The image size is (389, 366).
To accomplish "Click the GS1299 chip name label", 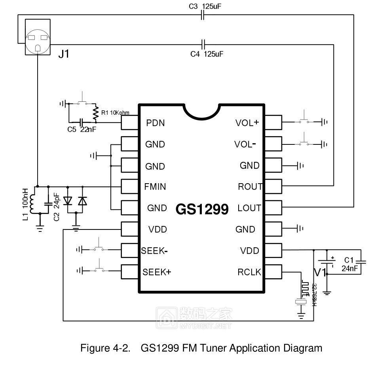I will pos(202,209).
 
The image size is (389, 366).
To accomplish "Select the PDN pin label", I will pos(155,123).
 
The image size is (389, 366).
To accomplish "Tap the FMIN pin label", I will pos(155,187).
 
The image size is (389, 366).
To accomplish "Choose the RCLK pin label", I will pos(249,272).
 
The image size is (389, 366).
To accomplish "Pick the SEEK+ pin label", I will pos(157,272).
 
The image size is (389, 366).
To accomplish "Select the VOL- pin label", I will pos(247,144).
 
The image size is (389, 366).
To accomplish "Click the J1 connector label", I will pos(63,54).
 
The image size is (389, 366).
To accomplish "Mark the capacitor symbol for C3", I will pos(203,15).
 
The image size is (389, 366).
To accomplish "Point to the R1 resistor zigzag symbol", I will pos(95,114).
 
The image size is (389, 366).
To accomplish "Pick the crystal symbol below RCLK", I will pos(302,302).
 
